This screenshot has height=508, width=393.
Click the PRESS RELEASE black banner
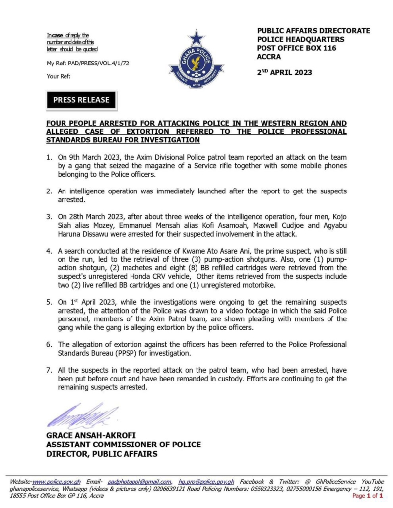coord(81,100)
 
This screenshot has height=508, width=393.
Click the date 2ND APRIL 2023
coord(284,72)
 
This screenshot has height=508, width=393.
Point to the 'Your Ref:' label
coord(59,76)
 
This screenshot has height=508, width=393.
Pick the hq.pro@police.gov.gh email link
coord(206,482)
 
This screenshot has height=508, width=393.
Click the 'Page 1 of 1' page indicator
coord(367,496)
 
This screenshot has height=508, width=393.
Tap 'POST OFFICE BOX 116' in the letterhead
coord(297,48)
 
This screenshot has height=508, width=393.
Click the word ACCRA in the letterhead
coord(269,57)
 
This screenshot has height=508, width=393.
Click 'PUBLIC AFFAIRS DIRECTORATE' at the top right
coord(313,31)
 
